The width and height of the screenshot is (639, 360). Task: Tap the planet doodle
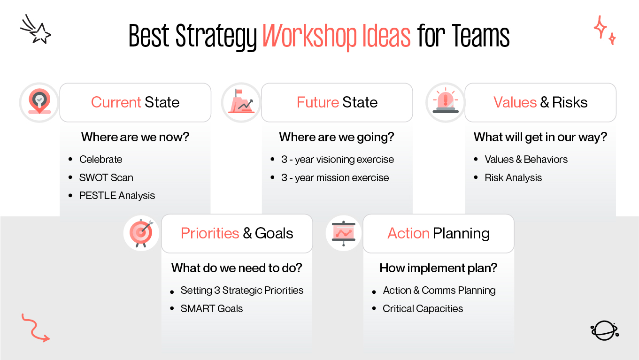pyautogui.click(x=604, y=330)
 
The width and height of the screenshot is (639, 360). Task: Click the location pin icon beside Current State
pyautogui.click(x=39, y=101)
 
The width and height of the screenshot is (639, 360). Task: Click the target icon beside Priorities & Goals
pyautogui.click(x=141, y=233)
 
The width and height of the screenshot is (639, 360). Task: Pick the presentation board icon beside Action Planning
pyautogui.click(x=344, y=233)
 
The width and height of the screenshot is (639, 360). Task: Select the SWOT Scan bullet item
pyautogui.click(x=106, y=177)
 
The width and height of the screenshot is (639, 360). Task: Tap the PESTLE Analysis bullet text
pyautogui.click(x=117, y=196)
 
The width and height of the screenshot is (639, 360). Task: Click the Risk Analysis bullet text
pyautogui.click(x=513, y=178)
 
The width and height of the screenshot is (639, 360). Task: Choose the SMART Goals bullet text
pyautogui.click(x=212, y=309)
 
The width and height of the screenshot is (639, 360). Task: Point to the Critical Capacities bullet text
pyautogui.click(x=423, y=309)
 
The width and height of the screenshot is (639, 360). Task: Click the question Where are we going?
pyautogui.click(x=337, y=137)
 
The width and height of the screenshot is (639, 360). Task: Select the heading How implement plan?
pyautogui.click(x=439, y=268)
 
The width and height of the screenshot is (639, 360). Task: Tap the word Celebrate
pyautogui.click(x=100, y=159)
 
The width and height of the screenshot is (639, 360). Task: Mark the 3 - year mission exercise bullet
pyautogui.click(x=335, y=178)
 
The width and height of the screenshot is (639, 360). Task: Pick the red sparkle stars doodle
pyautogui.click(x=604, y=30)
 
